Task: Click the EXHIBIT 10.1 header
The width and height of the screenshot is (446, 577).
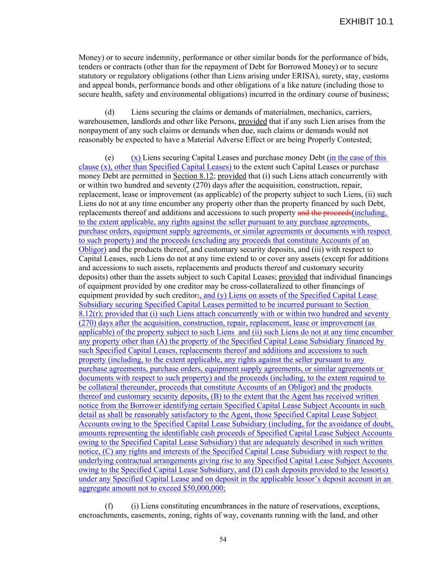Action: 366,22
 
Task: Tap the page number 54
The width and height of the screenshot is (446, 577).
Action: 223,539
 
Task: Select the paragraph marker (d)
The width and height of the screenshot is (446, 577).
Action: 109,112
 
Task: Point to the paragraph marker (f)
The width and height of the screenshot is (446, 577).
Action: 109,506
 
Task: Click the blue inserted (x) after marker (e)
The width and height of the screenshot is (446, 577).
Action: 136,158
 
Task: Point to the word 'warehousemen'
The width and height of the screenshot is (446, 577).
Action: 101,122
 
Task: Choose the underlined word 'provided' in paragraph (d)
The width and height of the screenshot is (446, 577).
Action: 252,122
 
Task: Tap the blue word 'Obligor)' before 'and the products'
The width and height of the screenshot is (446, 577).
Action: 93,250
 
